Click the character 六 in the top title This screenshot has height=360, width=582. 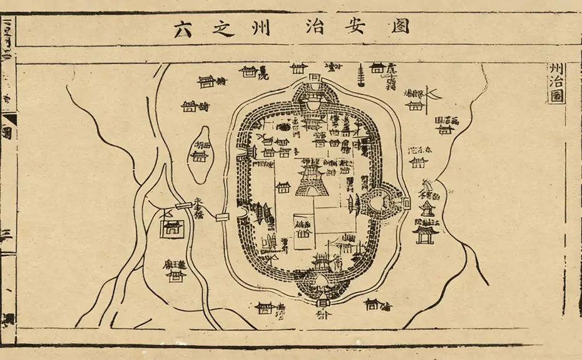tap(183, 28)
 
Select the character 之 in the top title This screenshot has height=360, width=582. tap(223, 28)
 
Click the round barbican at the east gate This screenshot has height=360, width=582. tap(381, 202)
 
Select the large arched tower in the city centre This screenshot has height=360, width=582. tap(311, 179)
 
